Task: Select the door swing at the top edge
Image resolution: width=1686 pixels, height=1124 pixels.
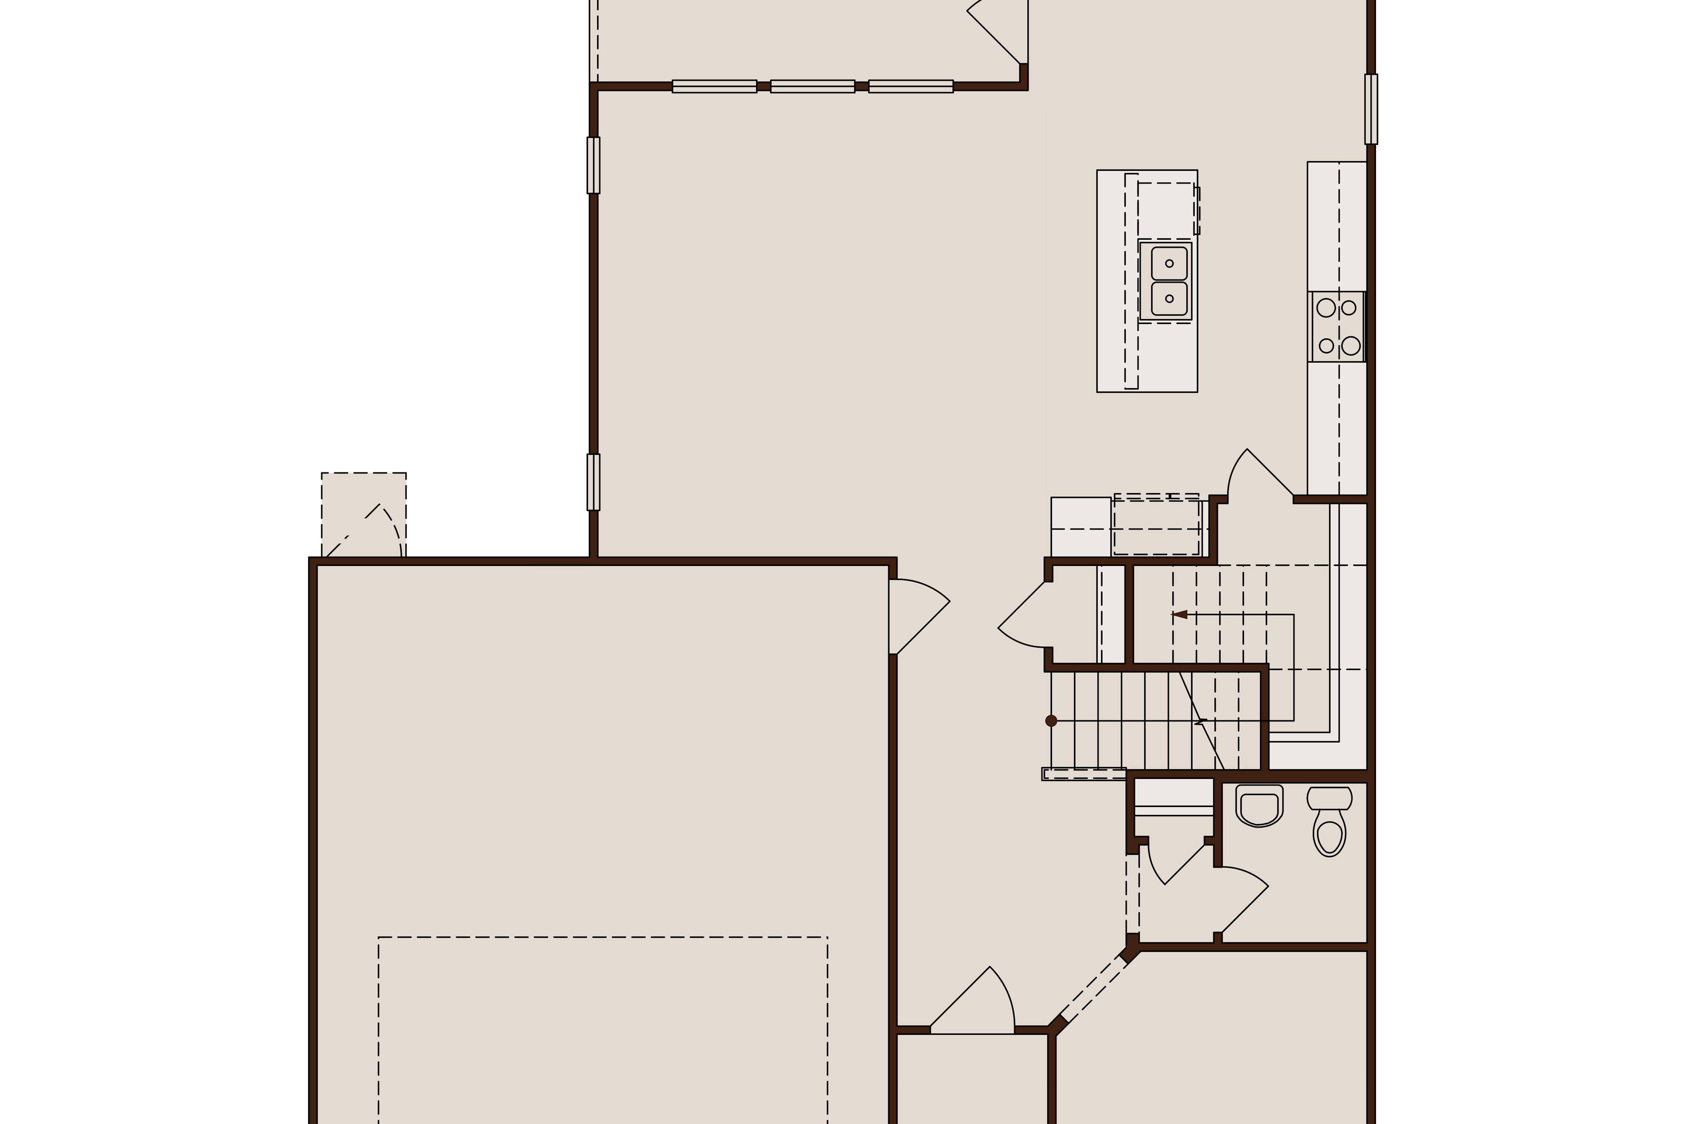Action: pos(1000,32)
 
